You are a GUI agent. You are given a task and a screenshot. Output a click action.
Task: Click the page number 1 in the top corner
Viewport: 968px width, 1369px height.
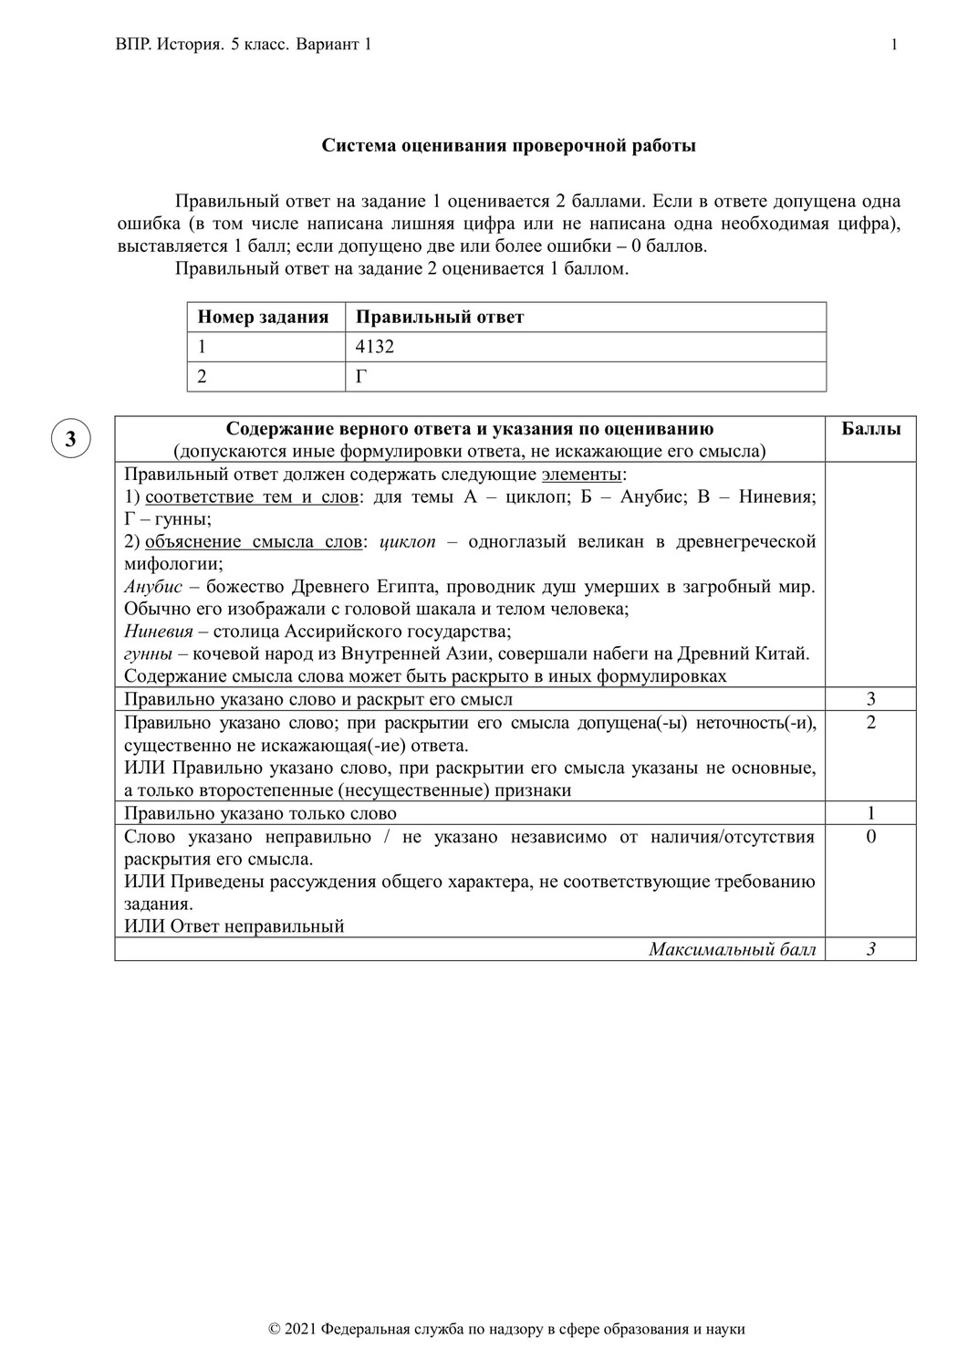coord(894,45)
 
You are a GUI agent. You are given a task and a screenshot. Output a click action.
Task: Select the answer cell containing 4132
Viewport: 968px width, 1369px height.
coord(375,347)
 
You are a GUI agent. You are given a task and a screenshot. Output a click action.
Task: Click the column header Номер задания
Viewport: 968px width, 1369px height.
coord(263,318)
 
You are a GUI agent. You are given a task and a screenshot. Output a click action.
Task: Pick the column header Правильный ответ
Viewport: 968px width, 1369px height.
coord(440,318)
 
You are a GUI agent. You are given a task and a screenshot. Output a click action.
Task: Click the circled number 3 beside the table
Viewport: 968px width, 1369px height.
coord(70,439)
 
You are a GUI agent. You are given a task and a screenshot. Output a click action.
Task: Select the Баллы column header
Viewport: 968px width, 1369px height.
coord(870,429)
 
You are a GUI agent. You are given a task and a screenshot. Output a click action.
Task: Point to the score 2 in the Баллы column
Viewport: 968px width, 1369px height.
coord(870,723)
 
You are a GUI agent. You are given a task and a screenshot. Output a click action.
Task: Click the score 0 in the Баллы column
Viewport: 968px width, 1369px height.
coord(870,837)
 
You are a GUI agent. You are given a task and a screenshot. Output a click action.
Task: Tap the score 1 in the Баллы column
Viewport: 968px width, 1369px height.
coord(870,813)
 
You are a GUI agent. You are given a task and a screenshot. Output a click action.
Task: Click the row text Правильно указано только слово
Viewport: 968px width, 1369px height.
coord(261,813)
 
